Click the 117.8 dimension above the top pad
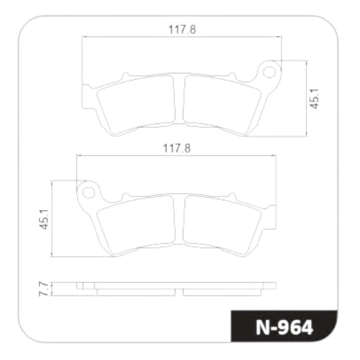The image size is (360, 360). coord(182,30)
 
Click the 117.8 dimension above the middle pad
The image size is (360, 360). coord(177,148)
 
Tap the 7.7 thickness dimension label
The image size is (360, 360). coord(43,289)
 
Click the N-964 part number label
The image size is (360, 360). coord(284,327)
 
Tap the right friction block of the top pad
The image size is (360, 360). coord(221,103)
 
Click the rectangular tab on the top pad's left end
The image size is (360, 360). coord(86,96)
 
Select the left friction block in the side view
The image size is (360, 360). coord(136,292)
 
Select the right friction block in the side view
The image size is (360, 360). coord(221,292)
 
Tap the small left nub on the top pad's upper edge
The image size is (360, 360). coord(125,76)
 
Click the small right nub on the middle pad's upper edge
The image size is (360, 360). coord(233,197)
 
